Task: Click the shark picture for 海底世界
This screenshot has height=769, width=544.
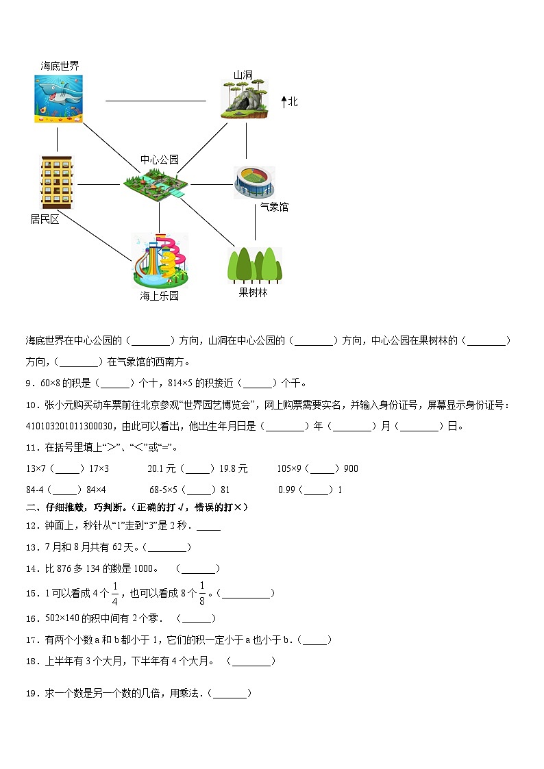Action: [58, 99]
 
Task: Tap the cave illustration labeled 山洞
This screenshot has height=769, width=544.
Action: [243, 99]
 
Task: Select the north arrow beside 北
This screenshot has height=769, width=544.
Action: [284, 102]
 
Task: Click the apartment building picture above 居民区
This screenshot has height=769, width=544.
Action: [56, 182]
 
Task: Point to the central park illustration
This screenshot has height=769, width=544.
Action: [157, 184]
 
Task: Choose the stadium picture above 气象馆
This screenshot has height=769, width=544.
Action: [254, 183]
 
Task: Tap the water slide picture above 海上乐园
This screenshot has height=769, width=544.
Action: [160, 260]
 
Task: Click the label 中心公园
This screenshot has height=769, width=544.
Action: [160, 160]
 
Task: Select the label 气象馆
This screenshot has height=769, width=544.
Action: [274, 207]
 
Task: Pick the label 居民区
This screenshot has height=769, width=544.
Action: [45, 219]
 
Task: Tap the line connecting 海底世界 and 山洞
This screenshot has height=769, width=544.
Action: [156, 101]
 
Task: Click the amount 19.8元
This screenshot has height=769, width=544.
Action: [233, 469]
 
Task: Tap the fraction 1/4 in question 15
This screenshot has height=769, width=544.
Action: [115, 593]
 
